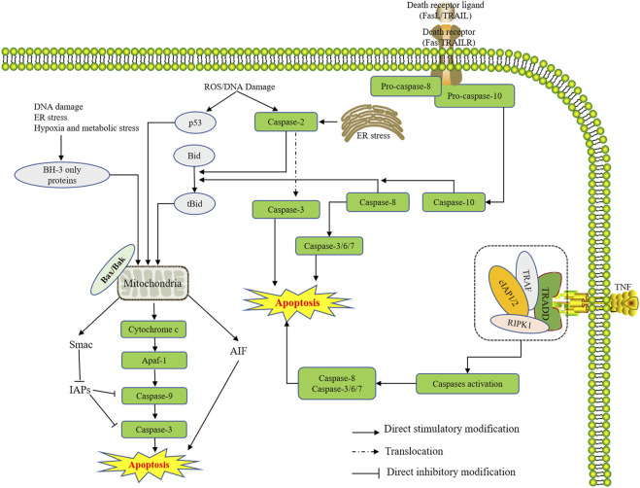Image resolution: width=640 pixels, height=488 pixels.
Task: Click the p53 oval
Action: tap(195, 122)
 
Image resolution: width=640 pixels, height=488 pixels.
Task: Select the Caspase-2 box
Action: tap(286, 122)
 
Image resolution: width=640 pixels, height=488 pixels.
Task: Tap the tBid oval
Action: tap(194, 203)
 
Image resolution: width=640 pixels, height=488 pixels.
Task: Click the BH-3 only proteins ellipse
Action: tap(62, 175)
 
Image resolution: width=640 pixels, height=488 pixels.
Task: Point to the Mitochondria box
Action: tap(152, 283)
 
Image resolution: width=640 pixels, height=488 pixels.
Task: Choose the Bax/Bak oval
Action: tap(113, 269)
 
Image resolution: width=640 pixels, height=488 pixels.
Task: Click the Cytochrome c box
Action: tap(153, 329)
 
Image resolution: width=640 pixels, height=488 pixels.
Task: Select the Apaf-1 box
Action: tap(154, 361)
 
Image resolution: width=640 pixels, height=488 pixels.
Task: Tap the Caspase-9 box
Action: tap(154, 396)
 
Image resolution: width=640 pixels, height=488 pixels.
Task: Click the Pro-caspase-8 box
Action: tap(406, 87)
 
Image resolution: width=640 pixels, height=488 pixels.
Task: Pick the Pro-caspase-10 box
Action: tap(474, 96)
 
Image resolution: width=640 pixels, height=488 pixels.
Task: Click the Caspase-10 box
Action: tap(454, 202)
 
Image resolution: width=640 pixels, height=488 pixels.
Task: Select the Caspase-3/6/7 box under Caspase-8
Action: tap(328, 246)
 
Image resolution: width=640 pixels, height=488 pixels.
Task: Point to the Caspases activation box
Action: tap(467, 384)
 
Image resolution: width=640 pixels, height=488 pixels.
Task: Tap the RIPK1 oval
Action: tap(520, 324)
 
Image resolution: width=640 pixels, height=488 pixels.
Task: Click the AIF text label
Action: tap(238, 351)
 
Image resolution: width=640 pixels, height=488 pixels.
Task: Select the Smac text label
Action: tap(81, 344)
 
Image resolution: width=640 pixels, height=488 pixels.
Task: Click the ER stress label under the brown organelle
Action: tap(374, 136)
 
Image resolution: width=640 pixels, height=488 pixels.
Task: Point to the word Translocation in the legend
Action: tap(414, 451)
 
